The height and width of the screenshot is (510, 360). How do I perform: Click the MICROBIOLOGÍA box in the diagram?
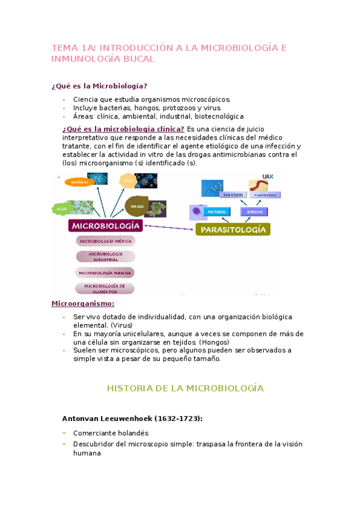[x=106, y=226]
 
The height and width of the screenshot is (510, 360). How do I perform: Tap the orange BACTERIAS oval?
[x=79, y=181]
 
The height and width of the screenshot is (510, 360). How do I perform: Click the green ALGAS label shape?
[x=62, y=209]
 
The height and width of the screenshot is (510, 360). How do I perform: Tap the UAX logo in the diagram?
[x=268, y=176]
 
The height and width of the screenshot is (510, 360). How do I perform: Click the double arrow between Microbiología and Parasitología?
[x=169, y=227]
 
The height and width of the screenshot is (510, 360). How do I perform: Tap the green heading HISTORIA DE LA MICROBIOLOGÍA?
[x=185, y=388]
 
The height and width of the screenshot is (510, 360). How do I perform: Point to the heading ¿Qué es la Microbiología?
[x=100, y=86]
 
